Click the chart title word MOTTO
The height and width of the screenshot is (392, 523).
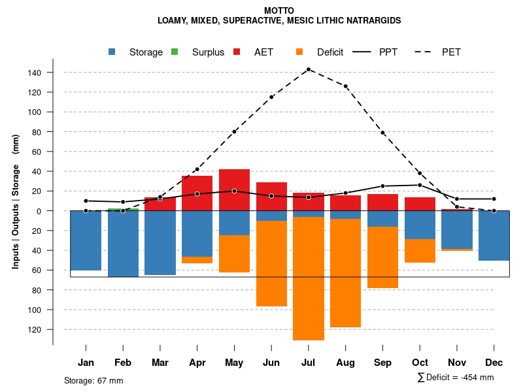pos(279,10)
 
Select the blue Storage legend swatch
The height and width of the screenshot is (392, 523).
pos(113,52)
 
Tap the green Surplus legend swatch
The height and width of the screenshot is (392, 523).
pos(174,52)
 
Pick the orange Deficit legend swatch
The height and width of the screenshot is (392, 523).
pos(299,52)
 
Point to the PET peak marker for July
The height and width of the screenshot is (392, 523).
pos(308,69)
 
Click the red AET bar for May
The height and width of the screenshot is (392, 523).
pos(234,190)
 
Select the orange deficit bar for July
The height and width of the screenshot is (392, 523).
pos(308,278)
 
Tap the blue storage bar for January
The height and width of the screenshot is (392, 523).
pos(86,240)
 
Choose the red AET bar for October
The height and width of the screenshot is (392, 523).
pos(420,204)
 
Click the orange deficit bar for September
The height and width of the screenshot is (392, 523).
pos(382,257)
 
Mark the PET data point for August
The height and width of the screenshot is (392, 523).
pos(345,86)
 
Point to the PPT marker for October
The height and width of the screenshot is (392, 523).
pos(420,185)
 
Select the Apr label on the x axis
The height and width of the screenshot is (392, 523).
pos(197,363)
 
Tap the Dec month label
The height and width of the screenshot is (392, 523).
pos(494,363)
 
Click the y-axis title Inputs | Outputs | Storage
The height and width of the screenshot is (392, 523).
pos(16,201)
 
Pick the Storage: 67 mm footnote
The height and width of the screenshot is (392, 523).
pos(93,380)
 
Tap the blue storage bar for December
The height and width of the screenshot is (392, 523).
pos(494,236)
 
